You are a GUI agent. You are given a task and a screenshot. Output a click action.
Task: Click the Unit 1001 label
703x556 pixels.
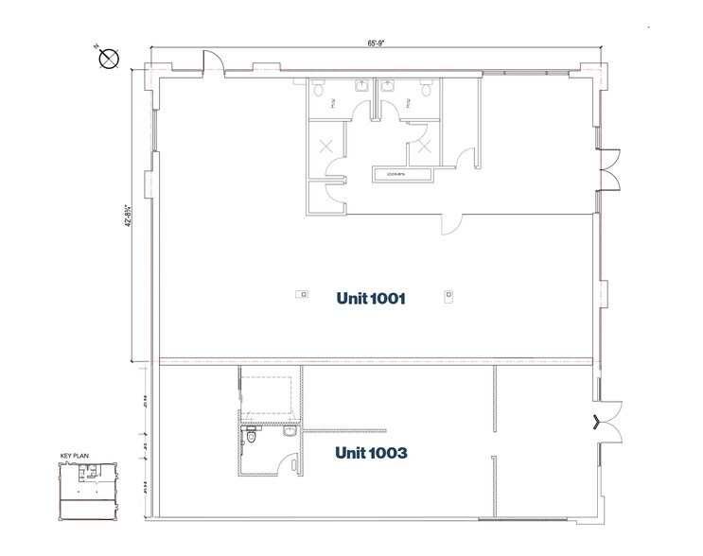(371, 299)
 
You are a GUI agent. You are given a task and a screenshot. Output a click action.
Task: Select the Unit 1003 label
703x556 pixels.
(371, 453)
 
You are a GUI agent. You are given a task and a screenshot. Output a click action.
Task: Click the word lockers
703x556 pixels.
(395, 175)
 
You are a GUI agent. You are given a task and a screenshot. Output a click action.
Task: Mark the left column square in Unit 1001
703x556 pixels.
(301, 294)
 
